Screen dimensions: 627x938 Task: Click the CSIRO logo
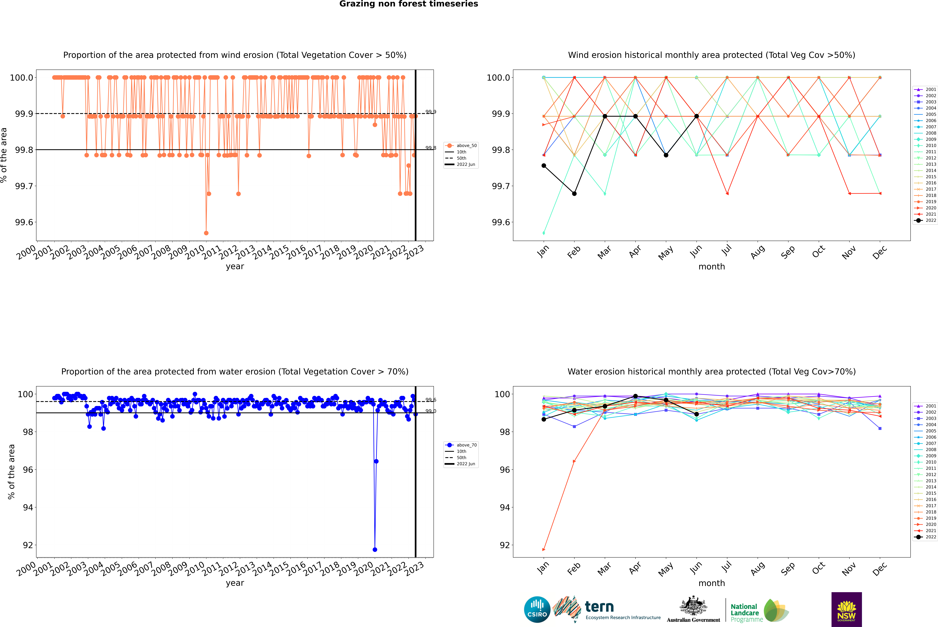click(x=537, y=609)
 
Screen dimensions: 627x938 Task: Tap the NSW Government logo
click(x=846, y=609)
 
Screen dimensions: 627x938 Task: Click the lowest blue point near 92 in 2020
click(x=375, y=549)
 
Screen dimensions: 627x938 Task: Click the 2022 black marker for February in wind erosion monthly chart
click(x=574, y=194)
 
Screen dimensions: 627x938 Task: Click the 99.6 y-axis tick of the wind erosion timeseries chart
click(x=24, y=222)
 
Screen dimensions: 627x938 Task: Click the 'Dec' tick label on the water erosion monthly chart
click(x=880, y=569)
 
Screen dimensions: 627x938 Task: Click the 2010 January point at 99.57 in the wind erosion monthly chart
click(x=544, y=233)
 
